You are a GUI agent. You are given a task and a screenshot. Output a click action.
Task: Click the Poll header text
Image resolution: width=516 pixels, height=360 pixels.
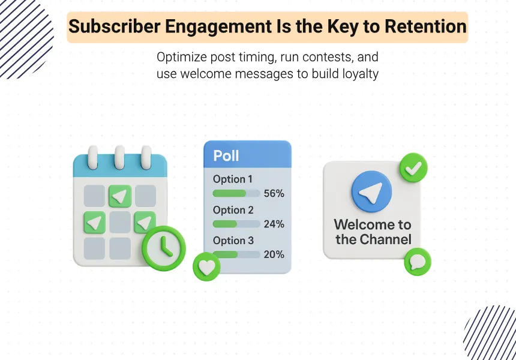point(226,155)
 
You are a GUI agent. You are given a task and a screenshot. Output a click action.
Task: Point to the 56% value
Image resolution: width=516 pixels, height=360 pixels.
point(274,193)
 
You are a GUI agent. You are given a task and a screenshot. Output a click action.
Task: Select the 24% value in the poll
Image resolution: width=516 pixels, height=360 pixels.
point(274,224)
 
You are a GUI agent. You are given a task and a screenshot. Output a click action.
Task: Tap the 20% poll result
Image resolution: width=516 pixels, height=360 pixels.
point(274,254)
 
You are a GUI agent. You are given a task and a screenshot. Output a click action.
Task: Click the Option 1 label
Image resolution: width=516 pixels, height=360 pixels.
point(233,179)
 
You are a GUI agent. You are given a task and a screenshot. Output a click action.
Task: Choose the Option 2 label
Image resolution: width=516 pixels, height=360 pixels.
point(233,210)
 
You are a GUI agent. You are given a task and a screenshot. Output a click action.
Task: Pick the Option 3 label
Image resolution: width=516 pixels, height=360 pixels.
point(233,241)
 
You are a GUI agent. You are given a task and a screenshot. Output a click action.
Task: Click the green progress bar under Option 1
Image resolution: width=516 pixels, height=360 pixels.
point(230,193)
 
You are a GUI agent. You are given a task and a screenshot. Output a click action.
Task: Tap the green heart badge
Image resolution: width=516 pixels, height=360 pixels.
point(206,267)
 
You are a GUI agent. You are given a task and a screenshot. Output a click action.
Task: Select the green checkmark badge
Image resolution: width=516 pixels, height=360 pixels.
point(413,167)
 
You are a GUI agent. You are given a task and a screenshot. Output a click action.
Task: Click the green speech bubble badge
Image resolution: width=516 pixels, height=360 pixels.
point(417,262)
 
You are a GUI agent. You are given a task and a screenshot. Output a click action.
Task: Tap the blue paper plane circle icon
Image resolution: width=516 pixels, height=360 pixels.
point(371,192)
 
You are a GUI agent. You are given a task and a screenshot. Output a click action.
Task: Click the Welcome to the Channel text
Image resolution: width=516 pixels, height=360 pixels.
point(373,232)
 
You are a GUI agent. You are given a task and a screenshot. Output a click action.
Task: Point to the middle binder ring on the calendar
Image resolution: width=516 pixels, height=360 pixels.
point(120,157)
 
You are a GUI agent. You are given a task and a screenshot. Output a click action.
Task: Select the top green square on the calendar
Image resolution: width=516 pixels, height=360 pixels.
point(120,196)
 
